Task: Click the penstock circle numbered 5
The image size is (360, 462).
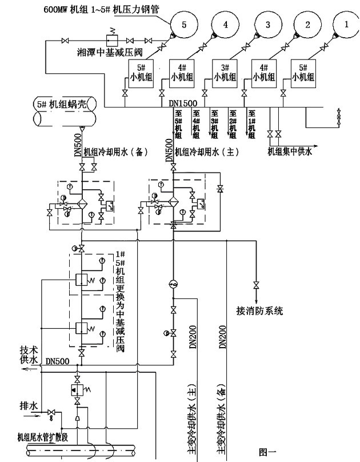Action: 184,25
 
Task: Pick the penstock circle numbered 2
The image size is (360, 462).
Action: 307,25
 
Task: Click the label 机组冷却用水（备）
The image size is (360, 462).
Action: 117,153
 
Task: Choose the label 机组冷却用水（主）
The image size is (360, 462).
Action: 206,153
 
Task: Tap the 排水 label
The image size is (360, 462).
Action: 28,406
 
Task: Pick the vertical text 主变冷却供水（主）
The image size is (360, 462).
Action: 191,421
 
